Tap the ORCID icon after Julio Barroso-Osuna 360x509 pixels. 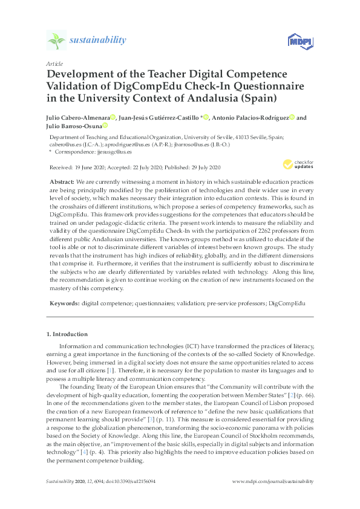pyautogui.click(x=105, y=126)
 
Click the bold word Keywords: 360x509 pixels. pyautogui.click(x=62, y=300)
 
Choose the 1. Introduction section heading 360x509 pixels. pyautogui.click(x=67, y=334)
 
